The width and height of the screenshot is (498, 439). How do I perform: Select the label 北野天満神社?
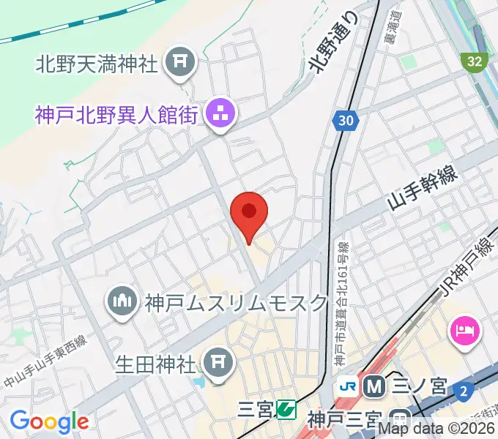pyautogui.click(x=97, y=64)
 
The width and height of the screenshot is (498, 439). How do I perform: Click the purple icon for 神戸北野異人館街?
pyautogui.click(x=220, y=114)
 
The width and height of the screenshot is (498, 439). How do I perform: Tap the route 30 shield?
pyautogui.click(x=346, y=120)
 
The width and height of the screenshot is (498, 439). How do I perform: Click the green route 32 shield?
pyautogui.click(x=475, y=61)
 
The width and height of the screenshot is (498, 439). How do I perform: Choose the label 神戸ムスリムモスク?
pyautogui.click(x=235, y=301)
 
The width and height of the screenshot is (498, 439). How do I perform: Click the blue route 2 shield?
pyautogui.click(x=462, y=391)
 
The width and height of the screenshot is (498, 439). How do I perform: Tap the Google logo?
pyautogui.click(x=49, y=421)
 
